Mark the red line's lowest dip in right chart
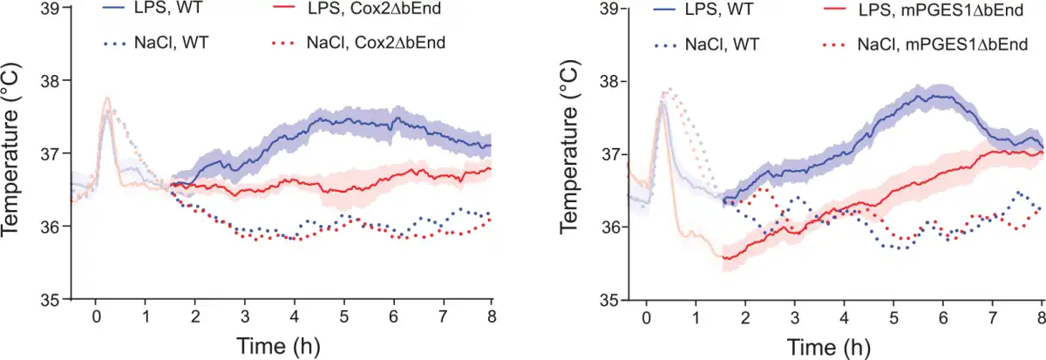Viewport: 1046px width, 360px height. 725,258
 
